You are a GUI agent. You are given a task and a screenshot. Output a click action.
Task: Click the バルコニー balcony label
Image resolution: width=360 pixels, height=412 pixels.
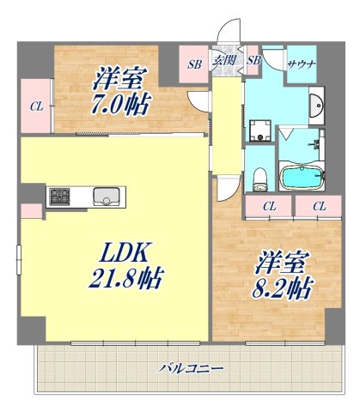point(192,367)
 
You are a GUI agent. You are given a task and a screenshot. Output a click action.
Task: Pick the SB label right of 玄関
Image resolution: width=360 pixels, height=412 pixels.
point(253,61)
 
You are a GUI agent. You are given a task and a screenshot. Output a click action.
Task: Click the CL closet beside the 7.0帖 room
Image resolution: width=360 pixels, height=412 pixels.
point(35,107)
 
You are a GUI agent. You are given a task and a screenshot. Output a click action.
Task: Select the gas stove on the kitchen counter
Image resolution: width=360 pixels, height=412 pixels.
point(62,197)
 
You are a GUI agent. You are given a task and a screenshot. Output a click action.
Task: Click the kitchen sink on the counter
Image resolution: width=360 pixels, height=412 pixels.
point(107,197)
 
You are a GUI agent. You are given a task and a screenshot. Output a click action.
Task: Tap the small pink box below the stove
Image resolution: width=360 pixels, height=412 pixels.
point(31,211)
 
